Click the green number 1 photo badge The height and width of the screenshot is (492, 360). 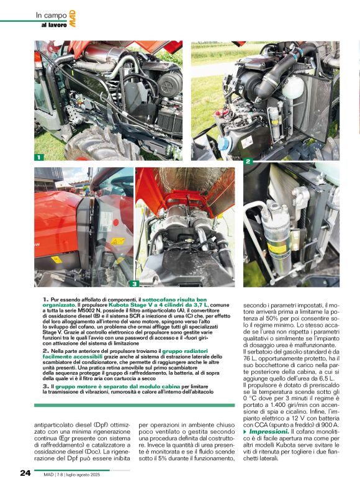click(38, 157)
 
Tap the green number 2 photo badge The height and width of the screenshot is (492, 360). click(248, 162)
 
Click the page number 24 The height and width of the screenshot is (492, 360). click(25, 473)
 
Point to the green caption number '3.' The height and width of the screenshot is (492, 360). click(47, 386)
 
